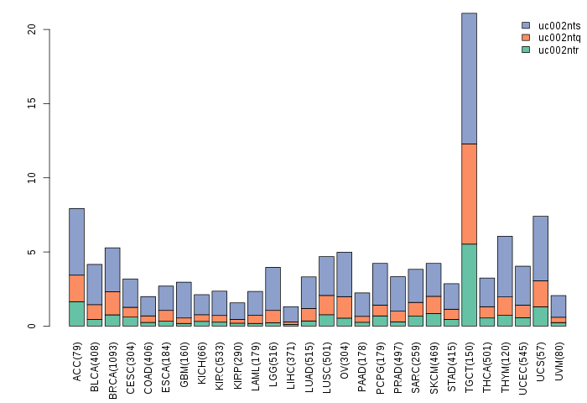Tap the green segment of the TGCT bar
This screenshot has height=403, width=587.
coord(469,285)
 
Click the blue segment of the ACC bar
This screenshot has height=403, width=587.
coord(76,241)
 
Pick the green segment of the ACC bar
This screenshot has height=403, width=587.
coord(76,313)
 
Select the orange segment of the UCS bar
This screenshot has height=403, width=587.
coord(540,293)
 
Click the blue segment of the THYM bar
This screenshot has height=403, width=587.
coord(505,266)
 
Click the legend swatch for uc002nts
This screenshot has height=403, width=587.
coord(526,26)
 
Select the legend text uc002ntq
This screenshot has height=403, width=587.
coord(558,38)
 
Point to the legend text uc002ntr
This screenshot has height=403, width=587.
coord(558,50)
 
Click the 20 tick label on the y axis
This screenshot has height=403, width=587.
coord(32,29)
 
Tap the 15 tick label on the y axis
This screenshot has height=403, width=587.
coord(32,103)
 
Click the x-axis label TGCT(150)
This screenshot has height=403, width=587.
coord(469,362)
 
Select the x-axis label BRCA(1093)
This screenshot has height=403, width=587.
coord(112,366)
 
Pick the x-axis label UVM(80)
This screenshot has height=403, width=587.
coord(558,359)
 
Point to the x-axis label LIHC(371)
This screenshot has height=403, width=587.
coord(290,362)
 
